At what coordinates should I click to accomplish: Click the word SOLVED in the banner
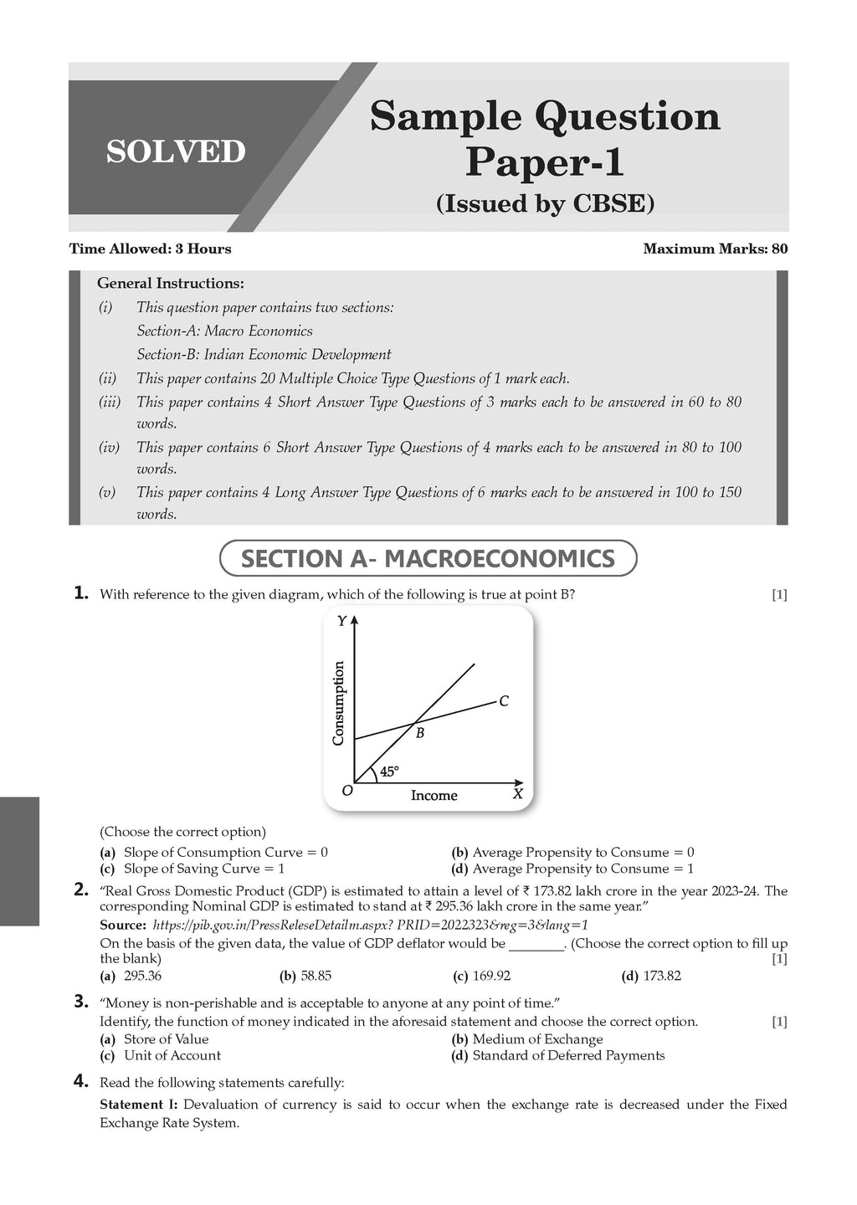click(x=176, y=151)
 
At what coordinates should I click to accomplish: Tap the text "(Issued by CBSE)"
click(x=545, y=203)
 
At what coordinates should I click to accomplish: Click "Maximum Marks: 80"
click(x=715, y=249)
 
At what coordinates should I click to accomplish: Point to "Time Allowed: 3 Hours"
click(x=150, y=249)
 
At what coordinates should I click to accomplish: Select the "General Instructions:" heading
click(x=171, y=284)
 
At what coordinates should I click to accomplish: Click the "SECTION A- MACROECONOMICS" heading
click(x=428, y=558)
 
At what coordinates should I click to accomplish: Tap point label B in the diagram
click(x=420, y=734)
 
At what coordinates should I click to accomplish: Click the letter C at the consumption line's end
click(x=504, y=701)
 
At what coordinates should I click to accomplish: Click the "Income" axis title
click(x=434, y=795)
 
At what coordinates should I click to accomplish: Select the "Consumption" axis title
click(x=338, y=703)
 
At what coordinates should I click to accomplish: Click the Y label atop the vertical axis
click(x=341, y=621)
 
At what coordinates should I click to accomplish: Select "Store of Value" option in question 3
click(x=166, y=1039)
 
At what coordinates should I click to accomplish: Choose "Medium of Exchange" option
click(x=537, y=1039)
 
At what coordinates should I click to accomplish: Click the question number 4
click(x=81, y=1082)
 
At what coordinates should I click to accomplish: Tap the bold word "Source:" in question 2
click(x=123, y=925)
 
